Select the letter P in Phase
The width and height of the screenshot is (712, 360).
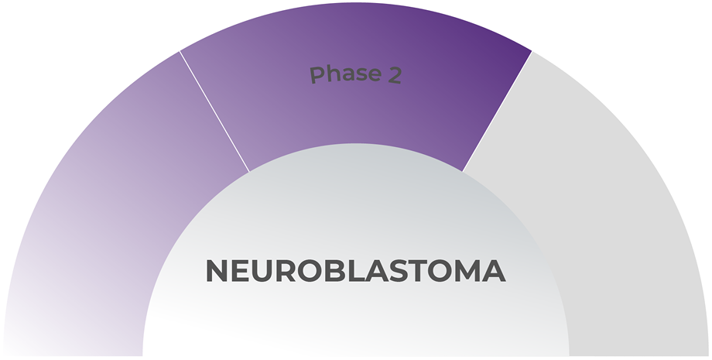click(x=316, y=75)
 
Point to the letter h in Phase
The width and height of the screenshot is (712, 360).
click(x=330, y=74)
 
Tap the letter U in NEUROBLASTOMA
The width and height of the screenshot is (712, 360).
click(x=263, y=271)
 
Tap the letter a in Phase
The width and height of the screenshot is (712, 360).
click(x=345, y=76)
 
